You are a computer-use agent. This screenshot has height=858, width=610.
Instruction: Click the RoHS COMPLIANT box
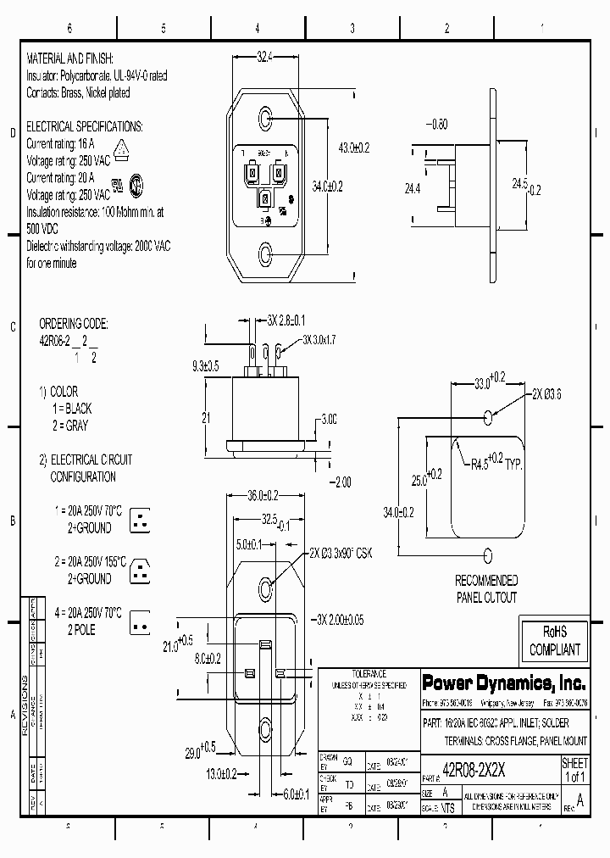555,641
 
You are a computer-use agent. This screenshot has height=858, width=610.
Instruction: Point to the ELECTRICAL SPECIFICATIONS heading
85,126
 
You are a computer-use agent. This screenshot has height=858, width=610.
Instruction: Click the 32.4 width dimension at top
265,57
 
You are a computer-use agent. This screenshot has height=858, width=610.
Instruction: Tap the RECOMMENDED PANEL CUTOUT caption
487,588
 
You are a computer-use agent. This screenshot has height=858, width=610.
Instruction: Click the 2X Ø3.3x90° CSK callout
341,553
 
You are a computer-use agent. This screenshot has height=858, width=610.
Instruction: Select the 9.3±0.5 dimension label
206,366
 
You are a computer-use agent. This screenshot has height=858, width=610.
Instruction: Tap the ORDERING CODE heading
74,324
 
